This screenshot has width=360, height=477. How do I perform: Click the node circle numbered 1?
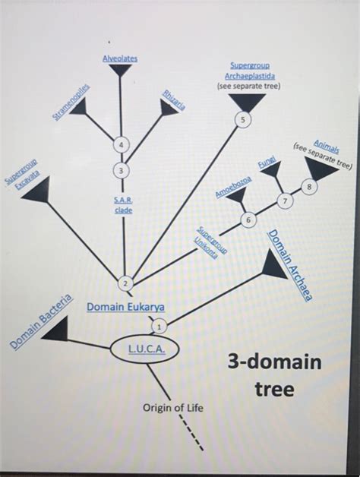click(x=159, y=325)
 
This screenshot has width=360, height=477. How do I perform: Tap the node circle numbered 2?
click(x=125, y=283)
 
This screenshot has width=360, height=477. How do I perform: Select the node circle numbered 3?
click(x=121, y=169)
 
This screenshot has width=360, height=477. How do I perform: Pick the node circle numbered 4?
click(x=120, y=144)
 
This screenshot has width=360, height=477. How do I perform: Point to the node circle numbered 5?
click(x=242, y=119)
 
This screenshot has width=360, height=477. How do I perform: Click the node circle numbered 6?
click(x=248, y=220)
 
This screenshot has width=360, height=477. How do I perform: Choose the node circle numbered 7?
click(x=284, y=201)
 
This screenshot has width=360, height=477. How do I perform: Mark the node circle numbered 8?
click(x=308, y=185)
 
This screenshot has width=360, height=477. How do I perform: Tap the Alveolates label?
click(x=120, y=58)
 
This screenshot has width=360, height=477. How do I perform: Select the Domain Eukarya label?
click(x=125, y=308)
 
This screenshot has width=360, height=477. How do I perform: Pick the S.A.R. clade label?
click(x=124, y=204)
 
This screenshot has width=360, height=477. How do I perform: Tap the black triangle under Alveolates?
click(x=120, y=71)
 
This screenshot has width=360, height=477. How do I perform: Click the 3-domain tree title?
click(x=275, y=376)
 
